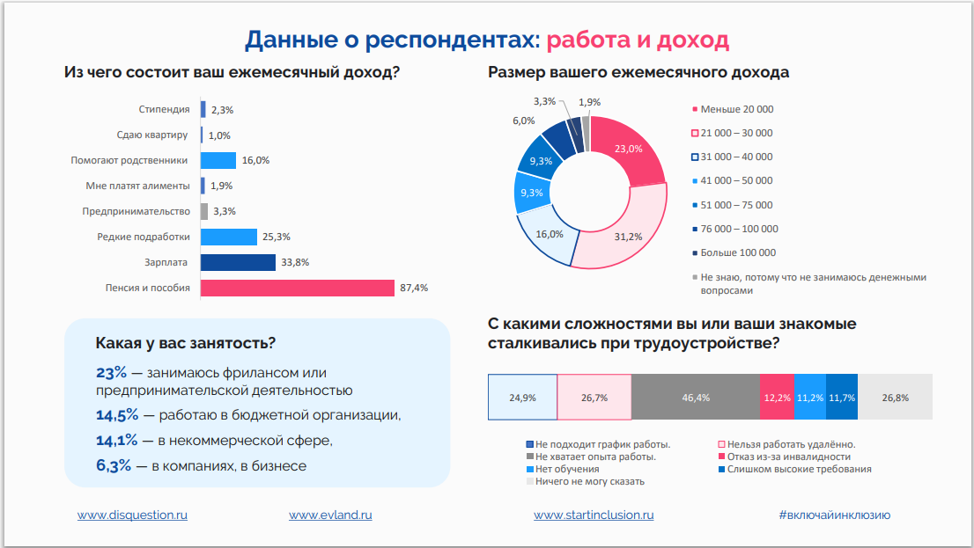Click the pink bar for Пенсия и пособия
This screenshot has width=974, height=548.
point(297,288)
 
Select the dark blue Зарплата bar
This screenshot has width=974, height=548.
point(238,262)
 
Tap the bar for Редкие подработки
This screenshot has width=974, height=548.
point(228,237)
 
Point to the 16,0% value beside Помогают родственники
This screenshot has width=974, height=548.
point(255,161)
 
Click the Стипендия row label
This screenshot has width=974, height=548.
point(164,110)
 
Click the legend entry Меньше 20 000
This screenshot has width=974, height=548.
point(736,109)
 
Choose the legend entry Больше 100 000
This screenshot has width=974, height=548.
point(737,252)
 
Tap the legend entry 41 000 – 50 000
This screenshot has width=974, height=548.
point(736,180)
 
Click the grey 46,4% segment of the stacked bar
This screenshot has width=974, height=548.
point(696,398)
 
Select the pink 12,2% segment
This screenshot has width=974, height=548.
point(777,398)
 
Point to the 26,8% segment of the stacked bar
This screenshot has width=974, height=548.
point(895,398)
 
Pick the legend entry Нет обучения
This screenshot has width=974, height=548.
point(567,469)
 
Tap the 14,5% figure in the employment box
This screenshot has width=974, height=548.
point(116,414)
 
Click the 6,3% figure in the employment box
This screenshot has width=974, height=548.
point(114,465)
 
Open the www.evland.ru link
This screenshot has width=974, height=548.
point(330,515)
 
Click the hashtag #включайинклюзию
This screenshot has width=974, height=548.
point(834,515)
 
